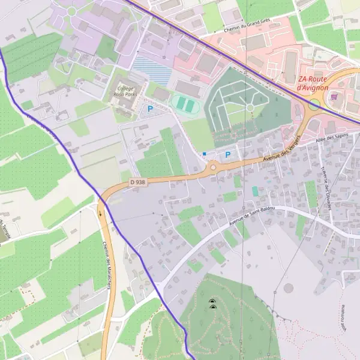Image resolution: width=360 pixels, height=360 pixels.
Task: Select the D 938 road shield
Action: tap(138, 182)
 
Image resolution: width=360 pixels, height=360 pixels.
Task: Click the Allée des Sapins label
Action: tap(331, 140)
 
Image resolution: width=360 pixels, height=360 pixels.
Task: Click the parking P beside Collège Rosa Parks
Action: tap(150, 109)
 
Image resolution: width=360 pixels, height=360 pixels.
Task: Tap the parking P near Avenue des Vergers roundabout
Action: tap(228, 155)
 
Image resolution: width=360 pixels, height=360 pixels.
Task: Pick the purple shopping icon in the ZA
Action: tap(334, 97)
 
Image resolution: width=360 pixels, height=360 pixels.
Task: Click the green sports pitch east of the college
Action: tap(185, 105)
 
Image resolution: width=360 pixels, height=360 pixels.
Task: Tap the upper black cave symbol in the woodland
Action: tap(212, 301)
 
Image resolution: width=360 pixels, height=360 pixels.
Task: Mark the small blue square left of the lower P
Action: tap(204, 154)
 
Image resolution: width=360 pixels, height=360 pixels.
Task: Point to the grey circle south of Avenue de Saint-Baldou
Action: tap(289, 288)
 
